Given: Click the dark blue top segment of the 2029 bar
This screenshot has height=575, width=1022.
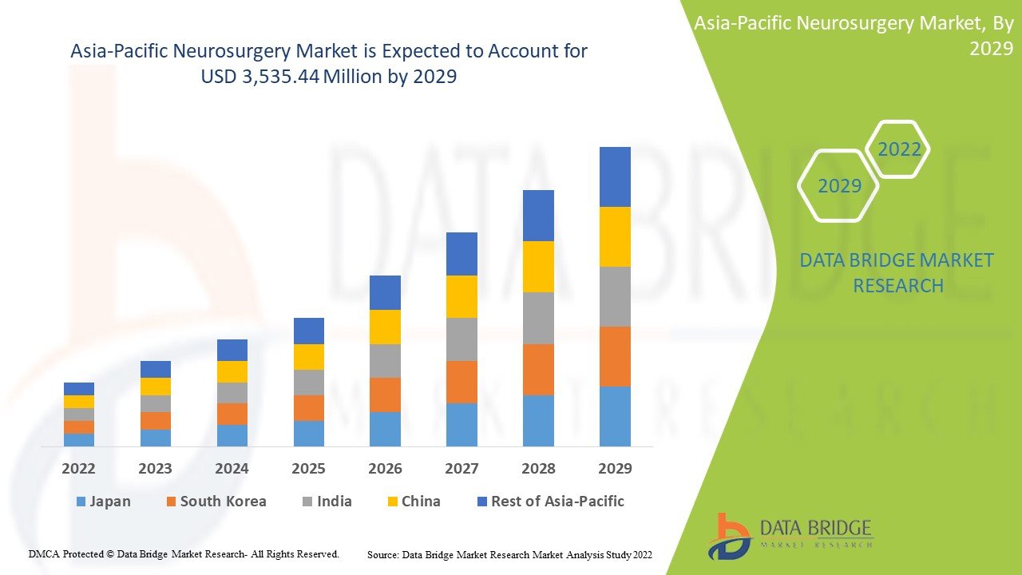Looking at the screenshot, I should (x=615, y=176).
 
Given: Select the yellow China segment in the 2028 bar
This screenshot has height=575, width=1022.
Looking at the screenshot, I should (x=538, y=266).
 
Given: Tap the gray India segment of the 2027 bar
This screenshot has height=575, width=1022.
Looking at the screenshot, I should (x=461, y=339).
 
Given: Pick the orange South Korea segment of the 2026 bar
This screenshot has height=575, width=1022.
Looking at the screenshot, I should (x=385, y=395).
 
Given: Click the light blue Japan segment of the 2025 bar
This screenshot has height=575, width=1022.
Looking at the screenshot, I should (x=309, y=433).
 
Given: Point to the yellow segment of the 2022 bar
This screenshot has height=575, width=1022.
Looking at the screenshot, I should (x=79, y=401).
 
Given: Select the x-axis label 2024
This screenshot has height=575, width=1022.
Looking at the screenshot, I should (x=232, y=468).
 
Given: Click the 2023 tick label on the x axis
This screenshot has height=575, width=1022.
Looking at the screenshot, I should (x=155, y=468).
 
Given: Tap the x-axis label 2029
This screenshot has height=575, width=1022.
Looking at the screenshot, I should (x=615, y=468).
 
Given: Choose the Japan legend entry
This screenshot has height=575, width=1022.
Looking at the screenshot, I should (x=103, y=502).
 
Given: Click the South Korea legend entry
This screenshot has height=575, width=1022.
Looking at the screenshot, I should (x=216, y=502).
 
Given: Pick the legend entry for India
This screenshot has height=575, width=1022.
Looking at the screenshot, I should (x=327, y=502).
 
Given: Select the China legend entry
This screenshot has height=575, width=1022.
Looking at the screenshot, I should (x=413, y=502).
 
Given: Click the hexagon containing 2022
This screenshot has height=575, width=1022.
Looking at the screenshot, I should (x=899, y=149).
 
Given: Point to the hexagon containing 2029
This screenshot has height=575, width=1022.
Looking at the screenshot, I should (x=839, y=186).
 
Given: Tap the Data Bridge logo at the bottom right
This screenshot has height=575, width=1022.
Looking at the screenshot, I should (x=790, y=536).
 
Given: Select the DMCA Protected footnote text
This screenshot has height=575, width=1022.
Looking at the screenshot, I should (x=184, y=553).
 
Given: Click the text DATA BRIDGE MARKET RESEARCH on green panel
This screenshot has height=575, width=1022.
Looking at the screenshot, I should (x=897, y=273).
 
